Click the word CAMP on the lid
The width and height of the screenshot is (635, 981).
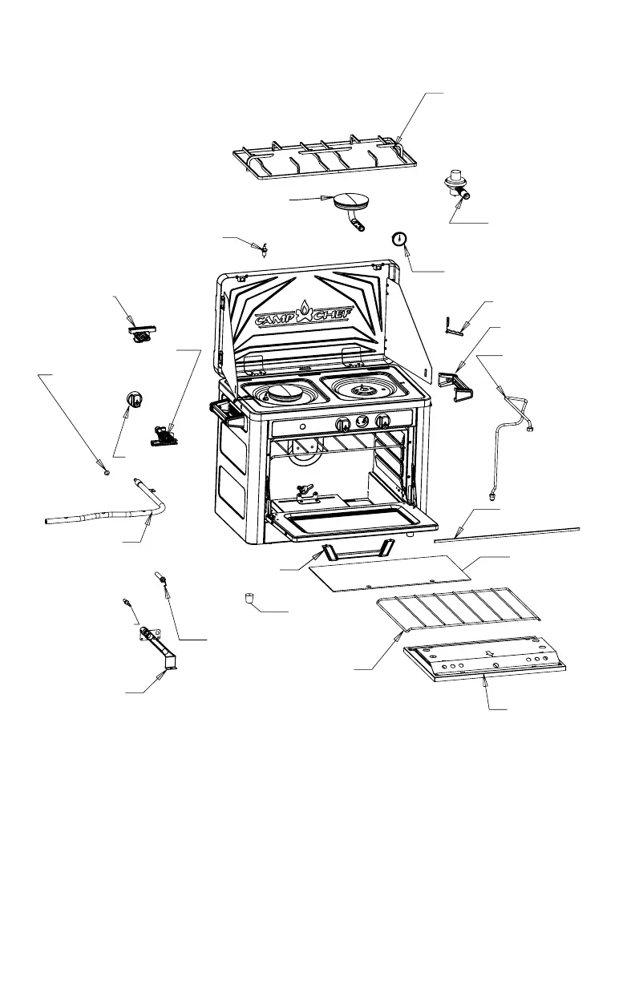pyautogui.click(x=277, y=320)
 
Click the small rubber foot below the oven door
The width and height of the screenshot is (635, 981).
pyautogui.click(x=250, y=597)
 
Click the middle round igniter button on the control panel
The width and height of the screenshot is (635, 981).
pyautogui.click(x=363, y=422)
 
